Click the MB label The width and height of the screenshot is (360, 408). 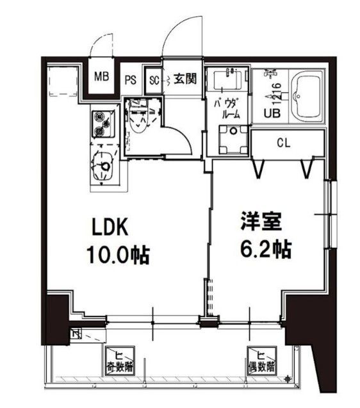102,78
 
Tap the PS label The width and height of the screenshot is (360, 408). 130,81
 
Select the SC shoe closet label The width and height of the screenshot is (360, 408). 153,81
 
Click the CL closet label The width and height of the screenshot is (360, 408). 284,143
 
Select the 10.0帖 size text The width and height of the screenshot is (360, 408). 118,256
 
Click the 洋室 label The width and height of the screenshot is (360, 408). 259,222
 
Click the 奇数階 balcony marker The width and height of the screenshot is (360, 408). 120,363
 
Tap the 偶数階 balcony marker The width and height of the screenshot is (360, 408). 263,363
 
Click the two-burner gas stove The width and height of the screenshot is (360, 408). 102,124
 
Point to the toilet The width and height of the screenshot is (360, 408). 138,117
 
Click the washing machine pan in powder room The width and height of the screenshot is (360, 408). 233,138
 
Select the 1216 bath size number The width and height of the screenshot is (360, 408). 277,93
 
